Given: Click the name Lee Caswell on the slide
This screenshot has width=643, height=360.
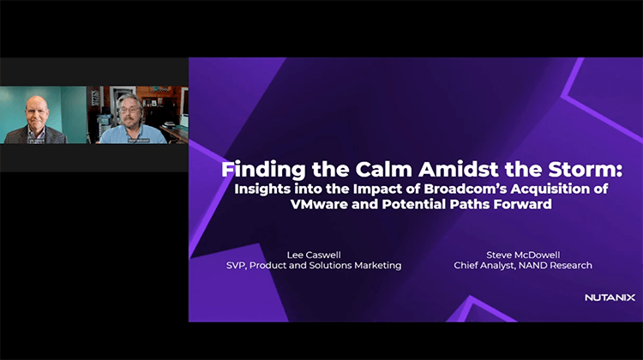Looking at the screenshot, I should (307, 254).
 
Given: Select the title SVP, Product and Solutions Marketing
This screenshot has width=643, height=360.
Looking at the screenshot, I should (307, 266).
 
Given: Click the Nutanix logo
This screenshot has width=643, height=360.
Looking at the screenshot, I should (609, 297).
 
